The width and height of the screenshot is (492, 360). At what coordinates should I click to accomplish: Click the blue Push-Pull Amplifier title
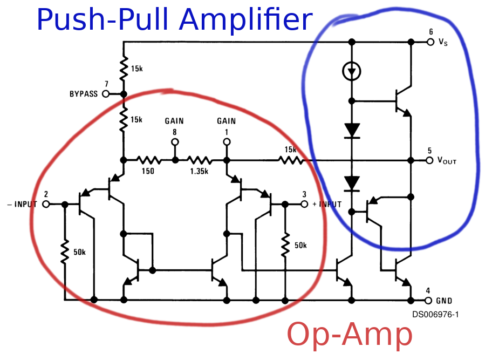174,19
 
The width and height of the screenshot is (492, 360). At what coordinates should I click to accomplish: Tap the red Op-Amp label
350,335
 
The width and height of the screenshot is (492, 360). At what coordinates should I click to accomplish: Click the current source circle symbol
352,71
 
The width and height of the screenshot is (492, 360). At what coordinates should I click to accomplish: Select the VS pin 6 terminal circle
430,42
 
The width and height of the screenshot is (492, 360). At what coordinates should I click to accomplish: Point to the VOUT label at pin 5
447,161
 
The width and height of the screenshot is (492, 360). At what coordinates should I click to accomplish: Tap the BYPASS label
84,94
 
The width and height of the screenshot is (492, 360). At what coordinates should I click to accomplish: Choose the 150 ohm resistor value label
148,171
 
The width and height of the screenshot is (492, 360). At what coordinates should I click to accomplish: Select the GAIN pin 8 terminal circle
175,142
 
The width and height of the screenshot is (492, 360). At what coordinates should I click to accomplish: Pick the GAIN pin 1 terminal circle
227,142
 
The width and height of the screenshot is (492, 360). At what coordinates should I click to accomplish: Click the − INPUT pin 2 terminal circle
46,205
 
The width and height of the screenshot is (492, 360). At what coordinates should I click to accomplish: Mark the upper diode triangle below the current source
352,130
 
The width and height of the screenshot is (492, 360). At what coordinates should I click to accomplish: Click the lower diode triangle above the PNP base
352,184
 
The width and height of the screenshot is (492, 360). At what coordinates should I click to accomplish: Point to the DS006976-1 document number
435,314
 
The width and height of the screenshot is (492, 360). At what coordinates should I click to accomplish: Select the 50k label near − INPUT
79,252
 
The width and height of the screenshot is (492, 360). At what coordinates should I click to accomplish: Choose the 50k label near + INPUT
300,246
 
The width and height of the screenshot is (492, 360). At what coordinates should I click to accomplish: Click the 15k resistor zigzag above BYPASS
124,68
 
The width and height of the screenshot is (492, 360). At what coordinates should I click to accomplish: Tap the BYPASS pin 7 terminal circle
106,94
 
